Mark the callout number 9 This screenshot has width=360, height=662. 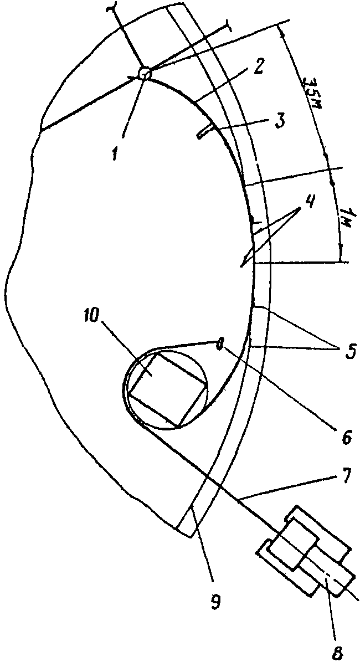pos(215,602)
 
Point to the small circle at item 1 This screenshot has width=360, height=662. pos(144,73)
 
